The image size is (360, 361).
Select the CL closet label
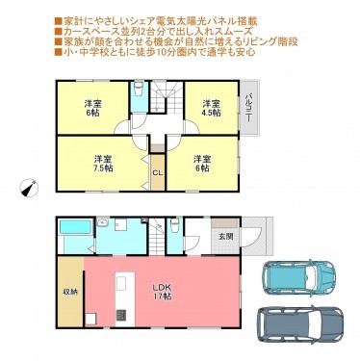point(158,172)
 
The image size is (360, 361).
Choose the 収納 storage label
point(69,292)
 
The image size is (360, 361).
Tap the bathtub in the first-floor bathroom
point(73,232)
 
